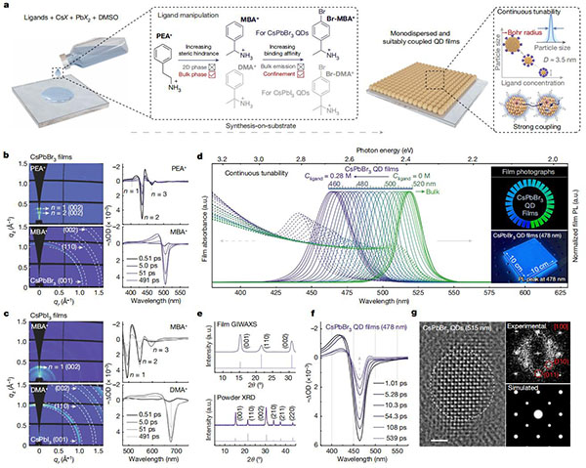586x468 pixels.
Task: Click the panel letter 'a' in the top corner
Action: pyautogui.click(x=5, y=6)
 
